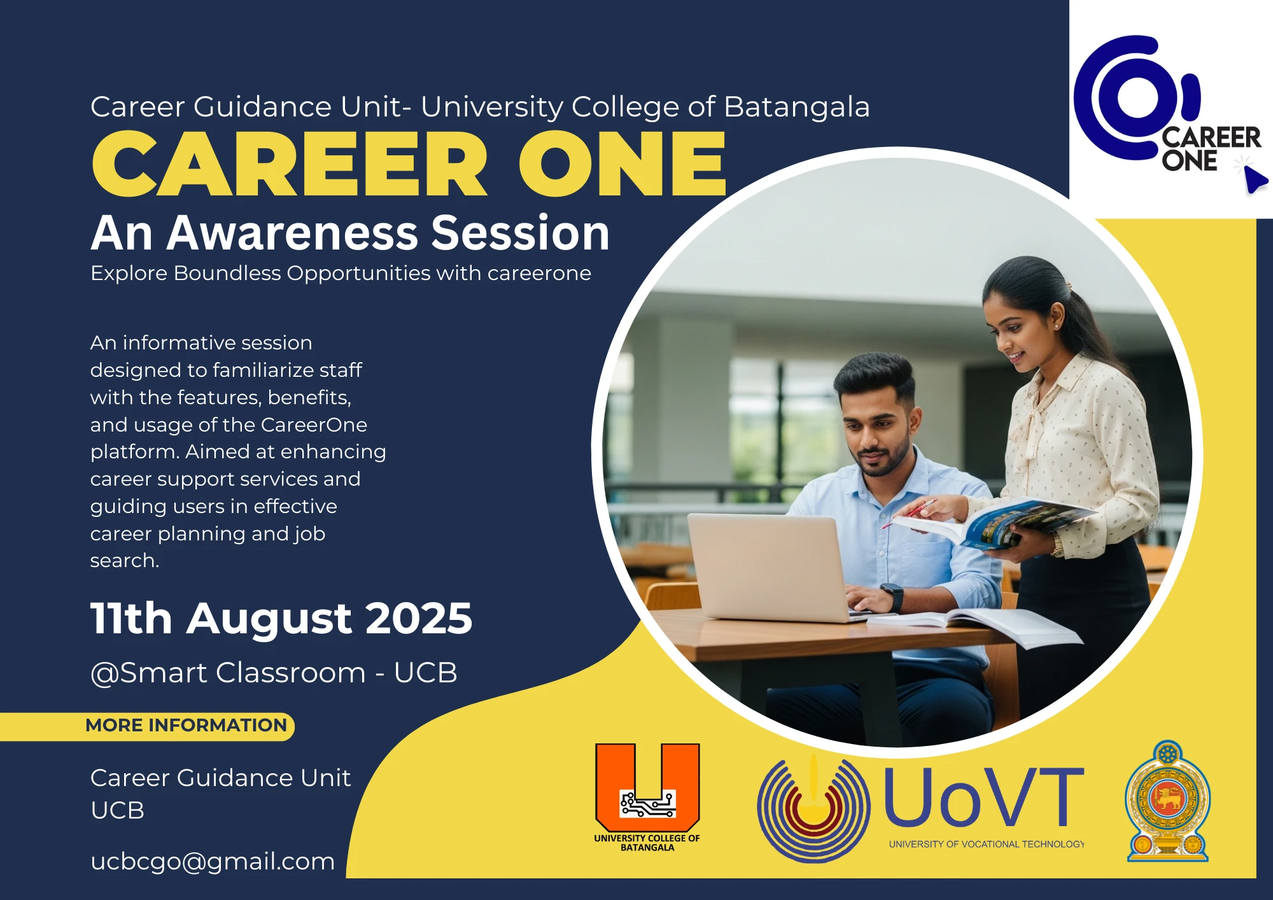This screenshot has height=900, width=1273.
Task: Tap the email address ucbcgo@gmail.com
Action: tap(213, 861)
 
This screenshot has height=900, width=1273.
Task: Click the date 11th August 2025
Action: tap(281, 618)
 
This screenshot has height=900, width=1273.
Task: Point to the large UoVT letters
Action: tap(983, 798)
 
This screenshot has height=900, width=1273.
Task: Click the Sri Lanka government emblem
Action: tap(1167, 802)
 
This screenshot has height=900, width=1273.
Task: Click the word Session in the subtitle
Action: tap(520, 233)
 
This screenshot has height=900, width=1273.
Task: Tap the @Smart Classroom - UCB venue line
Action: tap(274, 673)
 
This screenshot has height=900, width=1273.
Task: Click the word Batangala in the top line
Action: tap(796, 107)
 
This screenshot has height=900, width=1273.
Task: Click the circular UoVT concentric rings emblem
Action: tap(813, 807)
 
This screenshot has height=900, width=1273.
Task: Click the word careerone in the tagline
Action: tap(539, 273)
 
